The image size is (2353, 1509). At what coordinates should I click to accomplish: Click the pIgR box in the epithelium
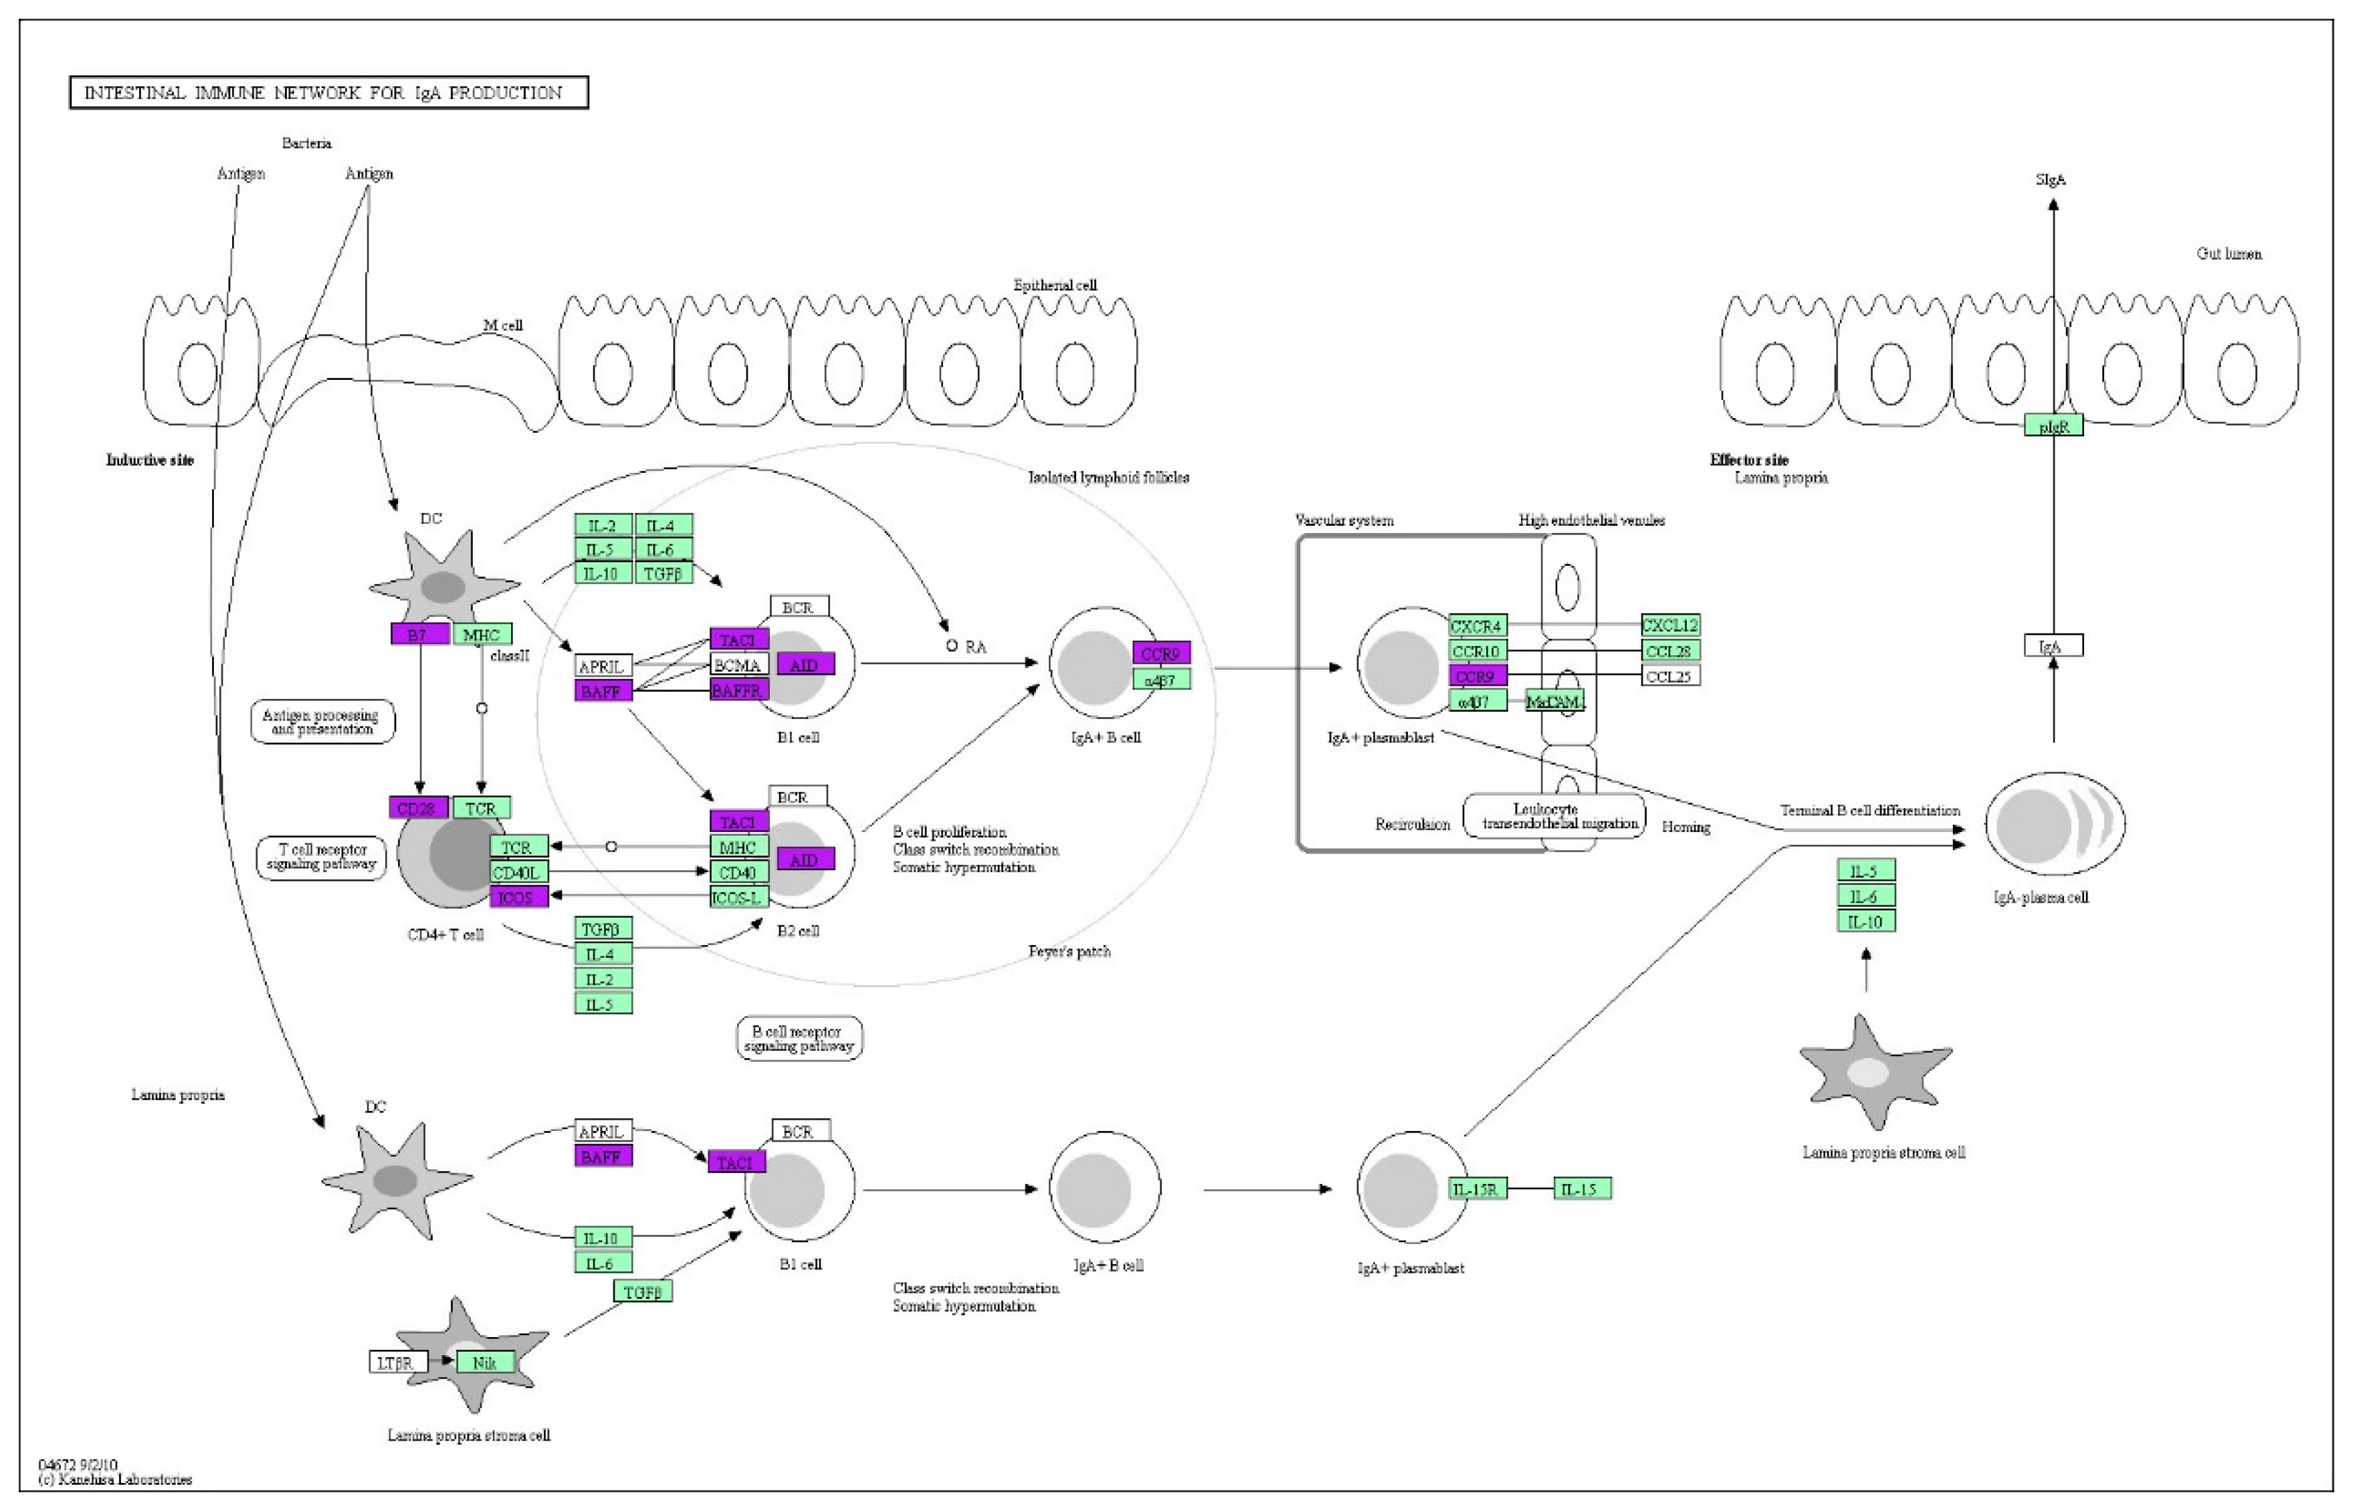2053,426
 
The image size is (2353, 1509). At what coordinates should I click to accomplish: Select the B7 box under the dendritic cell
419,635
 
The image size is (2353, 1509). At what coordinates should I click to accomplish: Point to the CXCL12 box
1670,625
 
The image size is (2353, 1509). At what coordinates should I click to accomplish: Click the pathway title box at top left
328,93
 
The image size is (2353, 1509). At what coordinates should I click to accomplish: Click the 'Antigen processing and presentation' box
323,722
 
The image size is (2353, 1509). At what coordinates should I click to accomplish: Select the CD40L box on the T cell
519,872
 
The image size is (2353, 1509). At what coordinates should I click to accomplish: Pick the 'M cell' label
504,325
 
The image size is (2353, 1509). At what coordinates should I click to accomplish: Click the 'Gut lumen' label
2229,254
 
